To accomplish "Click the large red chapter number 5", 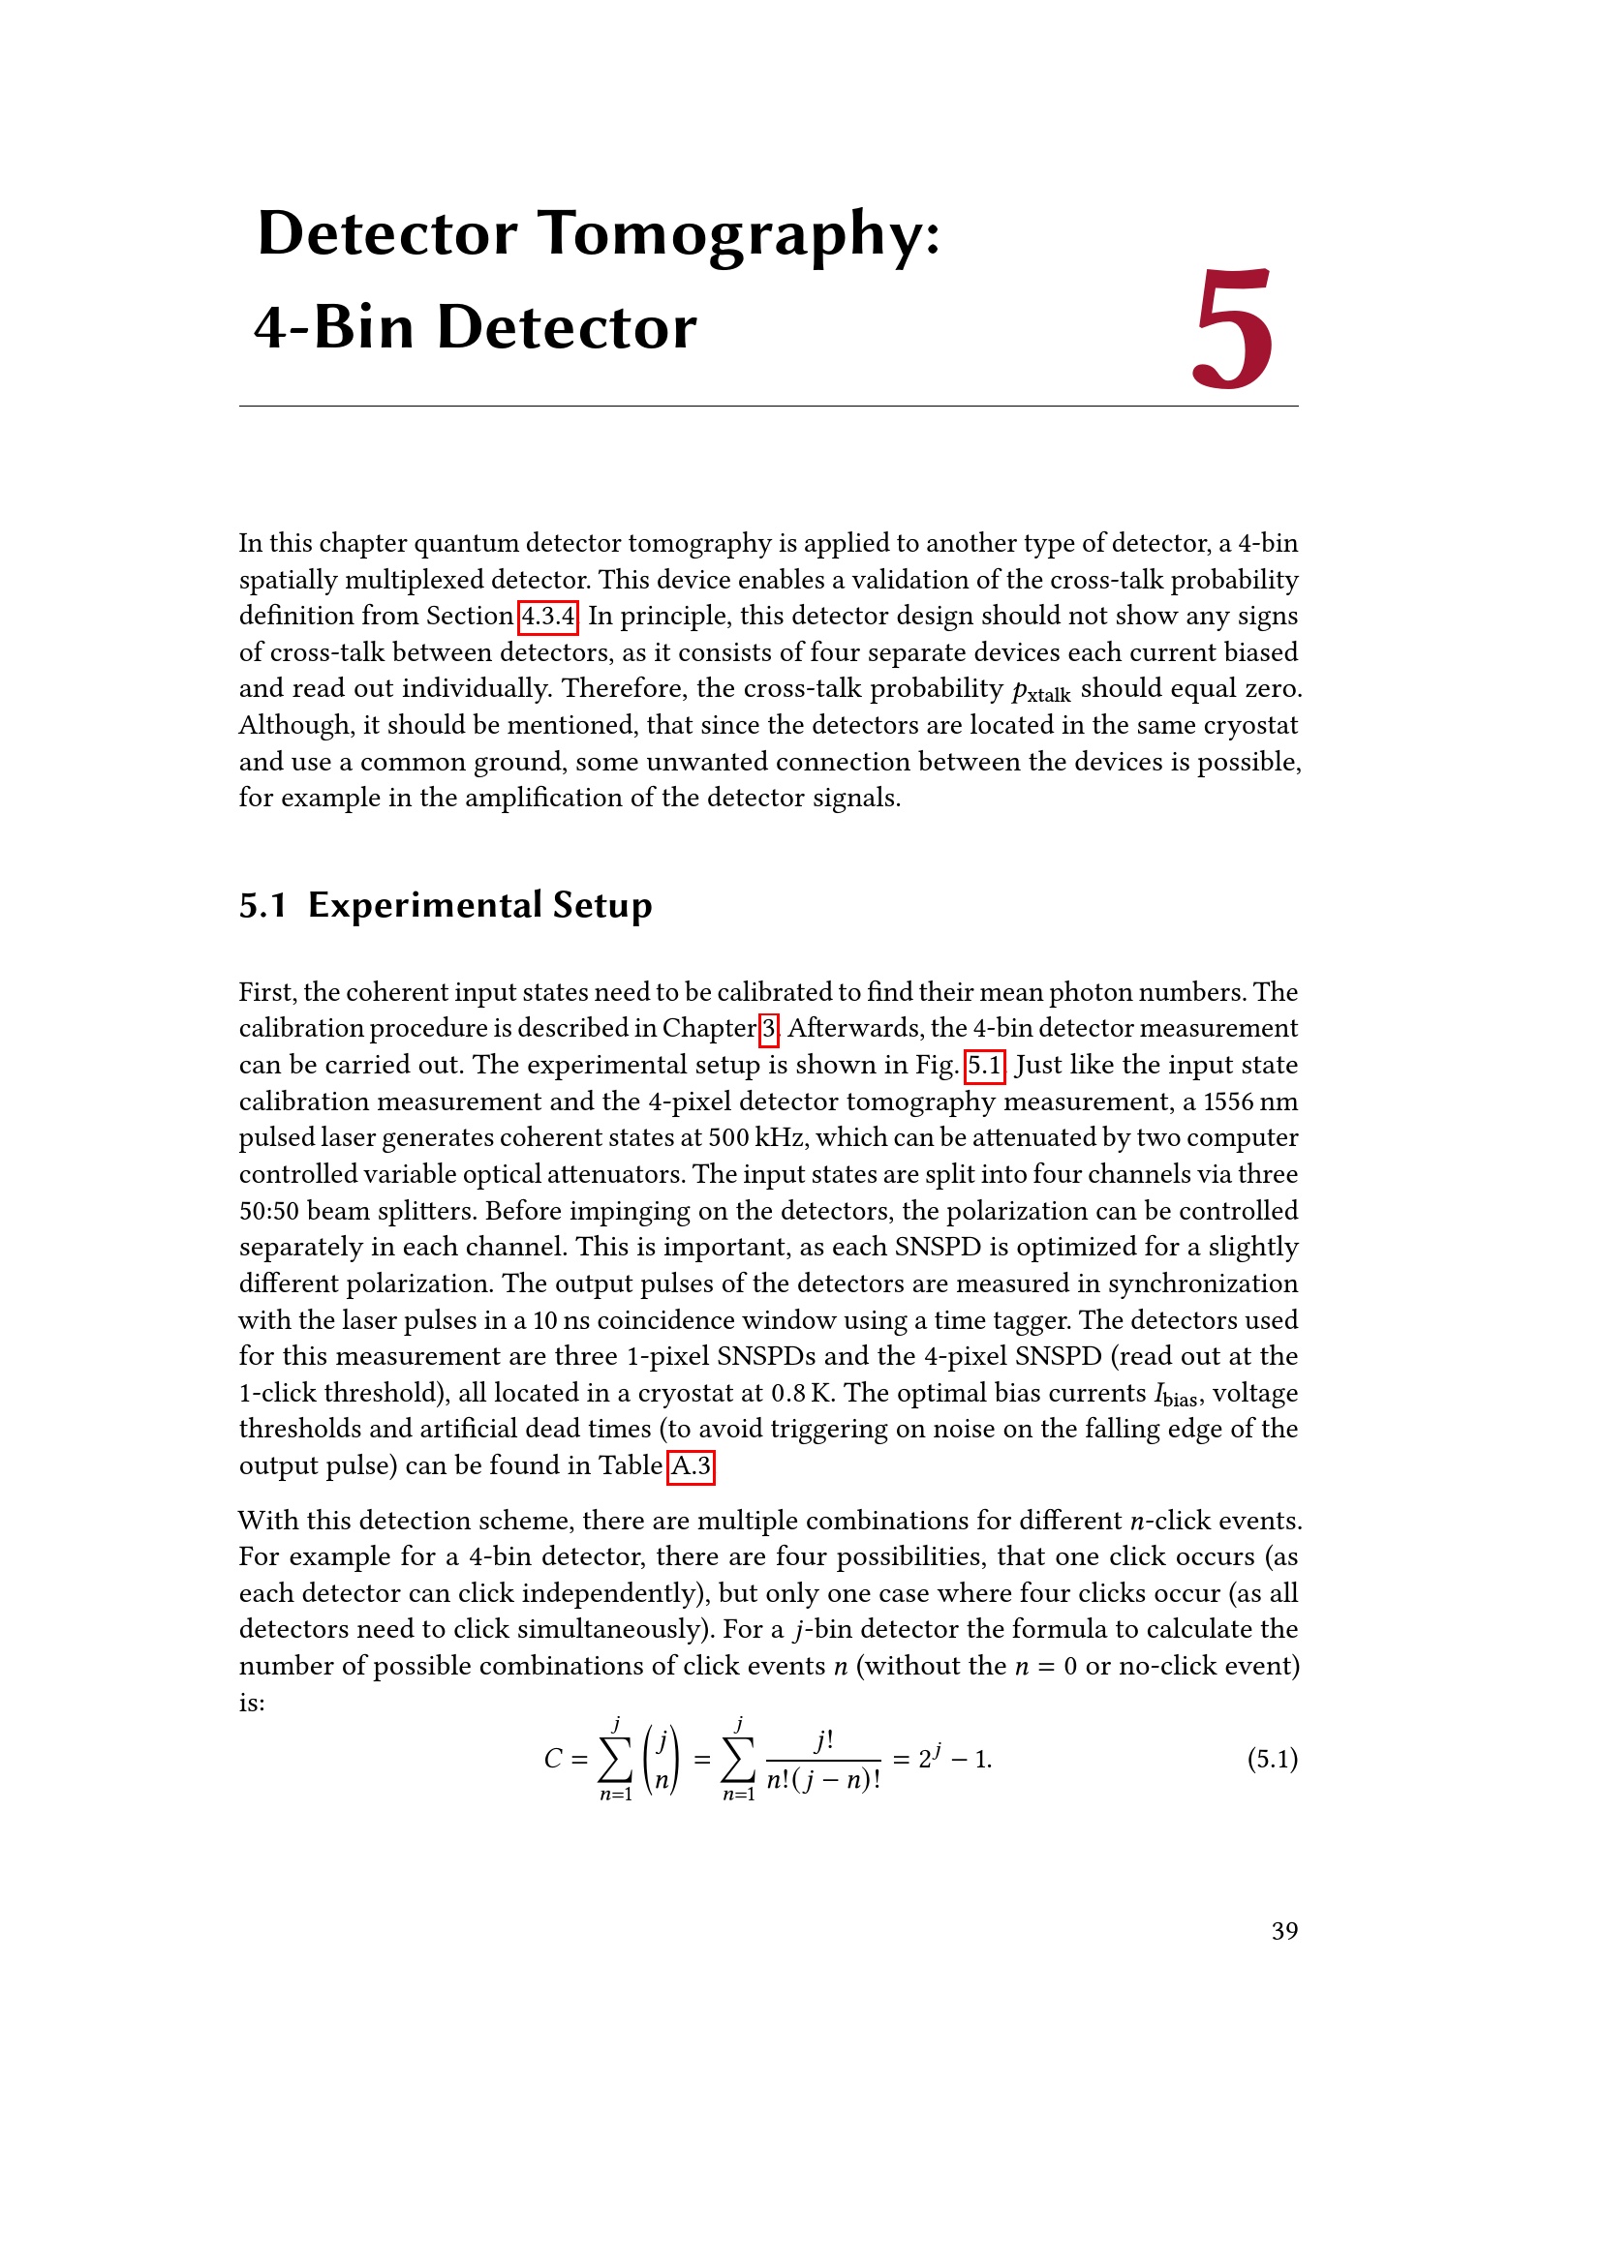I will click(x=1233, y=329).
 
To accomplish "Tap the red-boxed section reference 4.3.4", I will click(x=548, y=617).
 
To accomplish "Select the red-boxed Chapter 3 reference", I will click(x=768, y=1029).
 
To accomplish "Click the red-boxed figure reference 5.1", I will click(x=984, y=1065).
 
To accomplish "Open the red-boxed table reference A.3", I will click(x=691, y=1466).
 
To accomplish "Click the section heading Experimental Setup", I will click(x=479, y=905).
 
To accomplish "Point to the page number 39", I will click(x=1284, y=1930).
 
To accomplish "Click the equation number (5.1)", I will click(x=1272, y=1758).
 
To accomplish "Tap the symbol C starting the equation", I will click(x=552, y=1759).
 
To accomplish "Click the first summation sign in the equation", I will click(x=616, y=1759).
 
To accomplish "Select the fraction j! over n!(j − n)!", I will click(x=823, y=1760).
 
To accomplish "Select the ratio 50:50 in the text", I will click(x=268, y=1211).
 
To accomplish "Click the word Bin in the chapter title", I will click(x=364, y=327).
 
